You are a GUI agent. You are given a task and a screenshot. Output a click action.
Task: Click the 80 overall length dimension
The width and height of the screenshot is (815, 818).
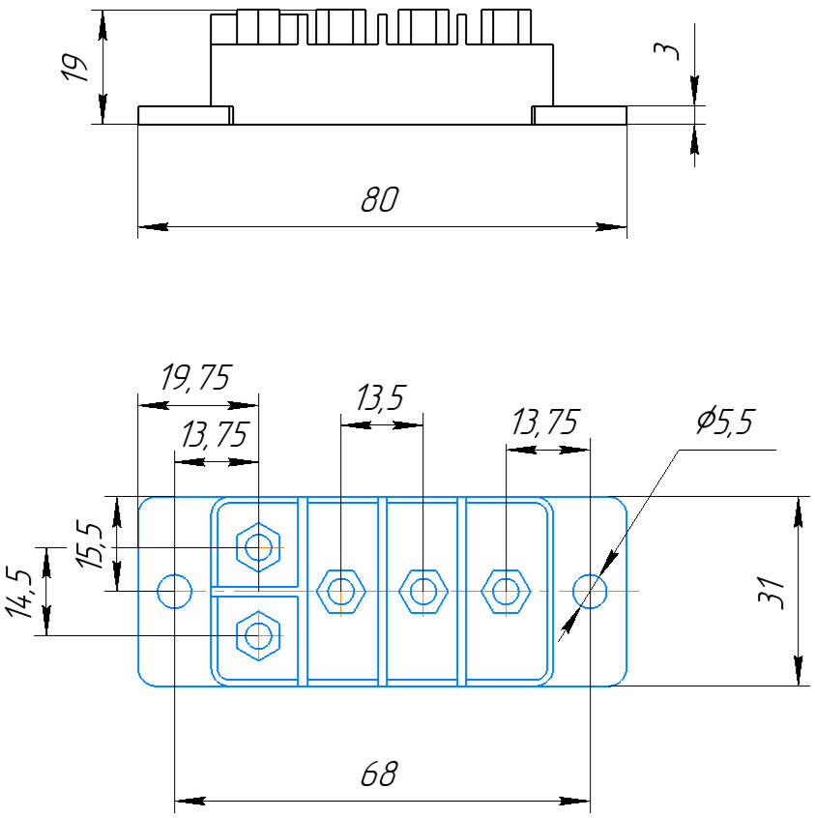tap(379, 199)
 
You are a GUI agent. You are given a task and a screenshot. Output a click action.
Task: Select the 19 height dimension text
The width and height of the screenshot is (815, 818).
tap(74, 67)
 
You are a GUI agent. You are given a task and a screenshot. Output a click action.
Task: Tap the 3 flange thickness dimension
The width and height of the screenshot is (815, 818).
tap(667, 51)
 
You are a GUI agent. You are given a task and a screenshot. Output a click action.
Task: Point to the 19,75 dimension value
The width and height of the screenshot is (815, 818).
tap(195, 377)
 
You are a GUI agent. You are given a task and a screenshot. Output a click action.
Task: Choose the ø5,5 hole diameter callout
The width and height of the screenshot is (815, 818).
tap(726, 422)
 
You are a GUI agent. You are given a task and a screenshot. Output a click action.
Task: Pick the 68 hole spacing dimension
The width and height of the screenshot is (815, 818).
tap(379, 774)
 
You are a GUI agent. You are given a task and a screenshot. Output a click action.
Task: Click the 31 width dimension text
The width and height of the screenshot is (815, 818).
tap(771, 593)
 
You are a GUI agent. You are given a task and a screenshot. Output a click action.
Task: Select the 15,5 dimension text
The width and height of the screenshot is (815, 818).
tap(89, 544)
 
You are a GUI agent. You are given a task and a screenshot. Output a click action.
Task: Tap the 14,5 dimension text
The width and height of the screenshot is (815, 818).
tap(18, 592)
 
